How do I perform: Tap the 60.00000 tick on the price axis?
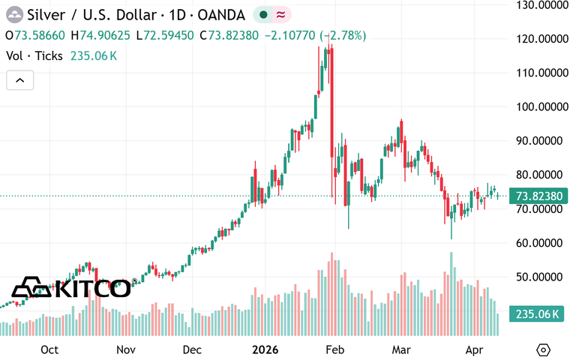click(543, 242)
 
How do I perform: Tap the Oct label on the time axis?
click(50, 349)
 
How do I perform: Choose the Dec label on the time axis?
click(192, 349)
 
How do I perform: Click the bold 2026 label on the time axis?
click(265, 349)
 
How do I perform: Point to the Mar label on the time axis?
click(403, 349)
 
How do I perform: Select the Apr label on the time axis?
click(474, 349)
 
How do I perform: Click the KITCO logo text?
click(93, 288)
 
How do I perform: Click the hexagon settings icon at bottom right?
click(544, 350)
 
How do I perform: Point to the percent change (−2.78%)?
click(343, 35)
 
